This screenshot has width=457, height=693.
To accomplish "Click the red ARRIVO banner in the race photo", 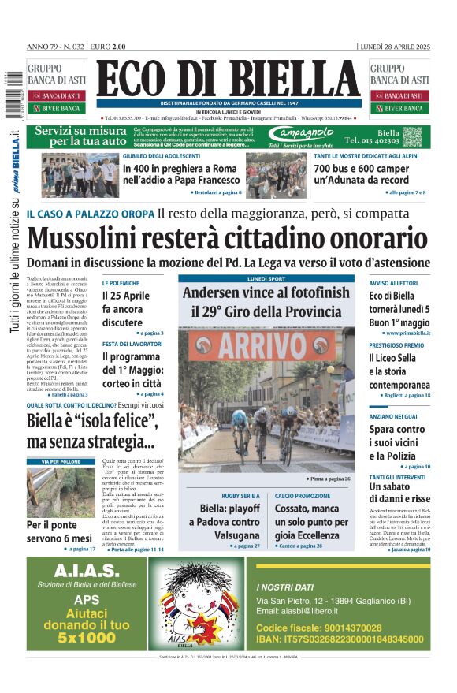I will coord(266,345).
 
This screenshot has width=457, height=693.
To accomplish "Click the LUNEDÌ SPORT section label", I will coord(266,278).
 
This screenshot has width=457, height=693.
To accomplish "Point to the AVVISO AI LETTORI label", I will coord(396,282).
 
